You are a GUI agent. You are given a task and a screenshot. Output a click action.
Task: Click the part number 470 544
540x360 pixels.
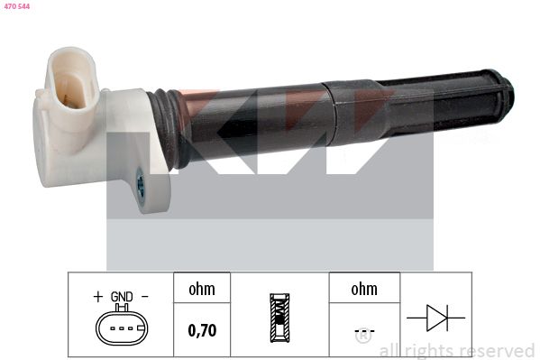(17, 6)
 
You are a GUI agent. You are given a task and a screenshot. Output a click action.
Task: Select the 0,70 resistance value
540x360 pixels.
(202, 330)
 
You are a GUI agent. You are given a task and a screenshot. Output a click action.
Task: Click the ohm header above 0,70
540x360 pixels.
(202, 289)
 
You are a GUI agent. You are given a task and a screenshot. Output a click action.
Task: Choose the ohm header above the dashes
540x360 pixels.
(364, 289)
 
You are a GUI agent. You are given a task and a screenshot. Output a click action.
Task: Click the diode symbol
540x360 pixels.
(436, 318)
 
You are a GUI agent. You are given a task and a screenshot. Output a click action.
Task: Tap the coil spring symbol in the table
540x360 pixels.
(279, 318)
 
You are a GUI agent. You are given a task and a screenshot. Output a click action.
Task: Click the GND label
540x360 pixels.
(122, 297)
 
